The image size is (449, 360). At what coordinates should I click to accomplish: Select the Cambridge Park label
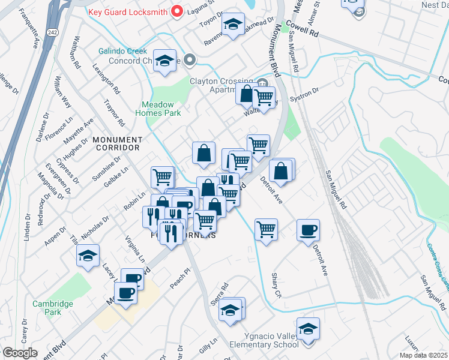53,308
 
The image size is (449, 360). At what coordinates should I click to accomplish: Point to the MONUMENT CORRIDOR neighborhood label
116,143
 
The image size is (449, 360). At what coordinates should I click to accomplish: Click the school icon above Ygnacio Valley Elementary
308,329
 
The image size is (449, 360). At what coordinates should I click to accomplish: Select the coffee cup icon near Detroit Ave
308,230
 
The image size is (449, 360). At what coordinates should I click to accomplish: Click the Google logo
20,352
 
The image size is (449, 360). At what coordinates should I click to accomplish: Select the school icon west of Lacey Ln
88,256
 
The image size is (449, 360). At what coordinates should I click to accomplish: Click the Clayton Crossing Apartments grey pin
262,82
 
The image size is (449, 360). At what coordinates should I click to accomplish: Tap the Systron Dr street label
304,93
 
